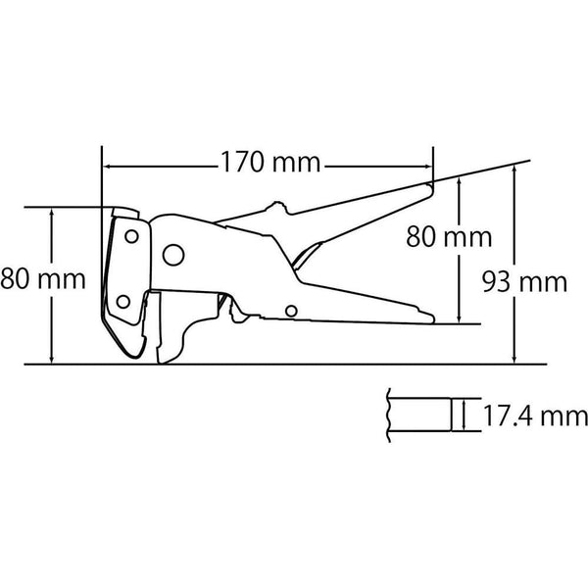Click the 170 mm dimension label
[x=266, y=164]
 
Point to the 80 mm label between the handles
[x=451, y=237]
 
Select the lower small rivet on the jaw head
[x=122, y=301]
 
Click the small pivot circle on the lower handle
[x=291, y=312]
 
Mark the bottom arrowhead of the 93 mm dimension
[x=514, y=360]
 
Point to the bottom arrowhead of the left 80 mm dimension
[x=49, y=360]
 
